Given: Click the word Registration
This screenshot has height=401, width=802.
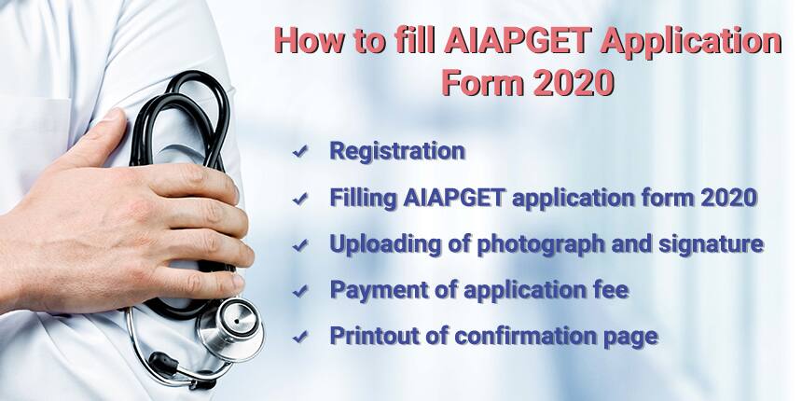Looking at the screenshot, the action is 397,151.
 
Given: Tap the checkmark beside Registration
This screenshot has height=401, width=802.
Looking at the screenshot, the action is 300,151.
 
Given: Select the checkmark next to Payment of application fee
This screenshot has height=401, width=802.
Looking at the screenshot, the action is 300,291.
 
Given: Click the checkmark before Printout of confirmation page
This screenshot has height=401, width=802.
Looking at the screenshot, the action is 300,337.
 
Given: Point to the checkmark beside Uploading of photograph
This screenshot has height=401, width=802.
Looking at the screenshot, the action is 300,245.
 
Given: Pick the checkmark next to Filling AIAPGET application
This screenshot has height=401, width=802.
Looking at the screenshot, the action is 300,199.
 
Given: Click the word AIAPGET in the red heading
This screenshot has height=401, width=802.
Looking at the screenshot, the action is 519,41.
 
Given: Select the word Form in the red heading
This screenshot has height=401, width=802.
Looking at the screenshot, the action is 483,82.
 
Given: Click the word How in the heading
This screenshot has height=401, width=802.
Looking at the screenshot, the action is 309,41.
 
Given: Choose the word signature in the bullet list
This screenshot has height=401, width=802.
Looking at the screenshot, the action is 711,244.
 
